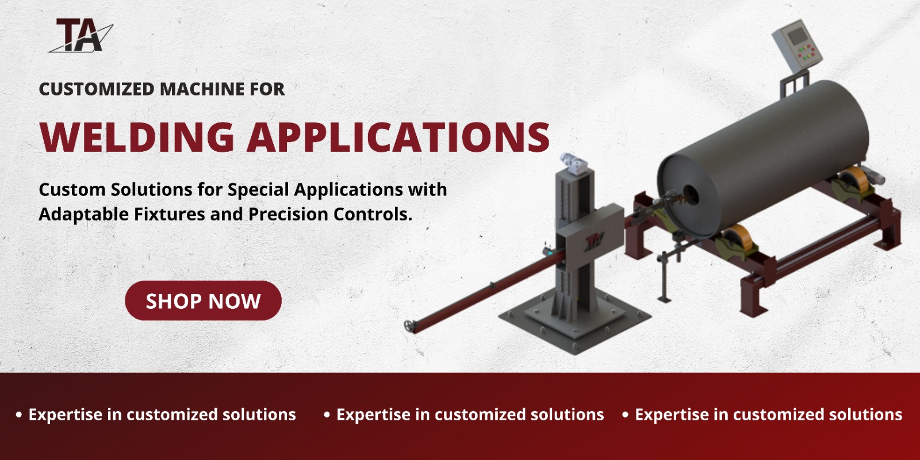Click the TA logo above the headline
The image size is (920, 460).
point(81,36)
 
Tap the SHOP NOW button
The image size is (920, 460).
point(203,301)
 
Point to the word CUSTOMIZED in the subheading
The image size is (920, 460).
point(97,89)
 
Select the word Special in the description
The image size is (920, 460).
point(258,190)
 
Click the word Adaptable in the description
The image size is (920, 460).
point(83,214)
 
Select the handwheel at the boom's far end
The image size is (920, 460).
point(409,326)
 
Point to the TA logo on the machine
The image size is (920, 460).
point(593,241)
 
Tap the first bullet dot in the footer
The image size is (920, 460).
point(19,415)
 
